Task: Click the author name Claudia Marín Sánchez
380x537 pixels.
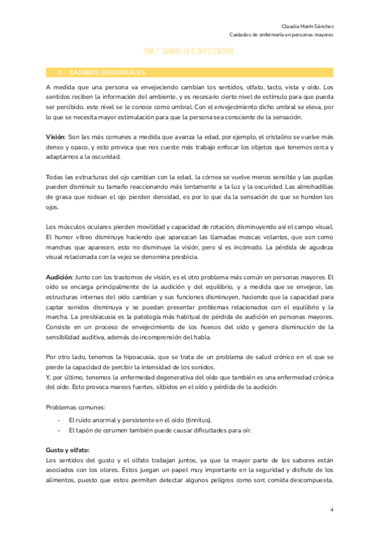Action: tap(308, 26)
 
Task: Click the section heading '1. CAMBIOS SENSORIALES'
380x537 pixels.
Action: tap(106, 73)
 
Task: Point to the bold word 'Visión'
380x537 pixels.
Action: tap(56, 137)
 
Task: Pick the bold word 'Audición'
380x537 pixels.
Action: tap(60, 277)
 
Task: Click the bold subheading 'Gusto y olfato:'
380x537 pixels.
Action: tap(68, 450)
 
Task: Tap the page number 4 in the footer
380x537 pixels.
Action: tap(331, 509)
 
